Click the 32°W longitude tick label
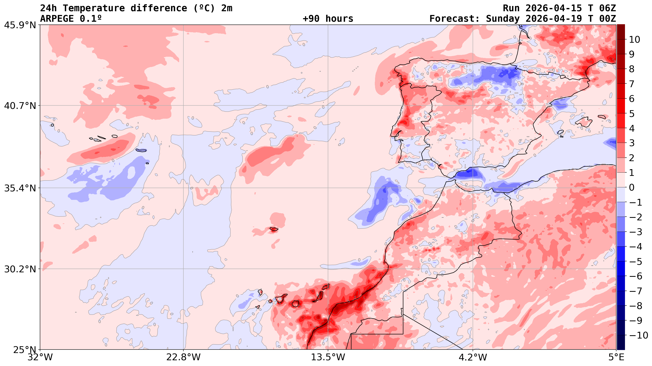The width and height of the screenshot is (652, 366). (40, 357)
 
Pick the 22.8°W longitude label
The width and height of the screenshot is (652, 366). (183, 357)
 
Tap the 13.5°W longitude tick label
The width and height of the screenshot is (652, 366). (328, 357)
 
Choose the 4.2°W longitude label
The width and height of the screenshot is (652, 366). (473, 357)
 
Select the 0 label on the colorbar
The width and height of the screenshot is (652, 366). (632, 188)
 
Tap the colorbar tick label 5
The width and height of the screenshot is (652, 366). (632, 113)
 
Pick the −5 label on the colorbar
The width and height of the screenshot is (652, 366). (635, 262)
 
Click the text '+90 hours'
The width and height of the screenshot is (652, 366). (328, 19)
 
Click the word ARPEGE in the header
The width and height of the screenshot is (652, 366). (57, 19)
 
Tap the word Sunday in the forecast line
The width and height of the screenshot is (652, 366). (503, 19)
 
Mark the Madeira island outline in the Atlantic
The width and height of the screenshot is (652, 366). (274, 229)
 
